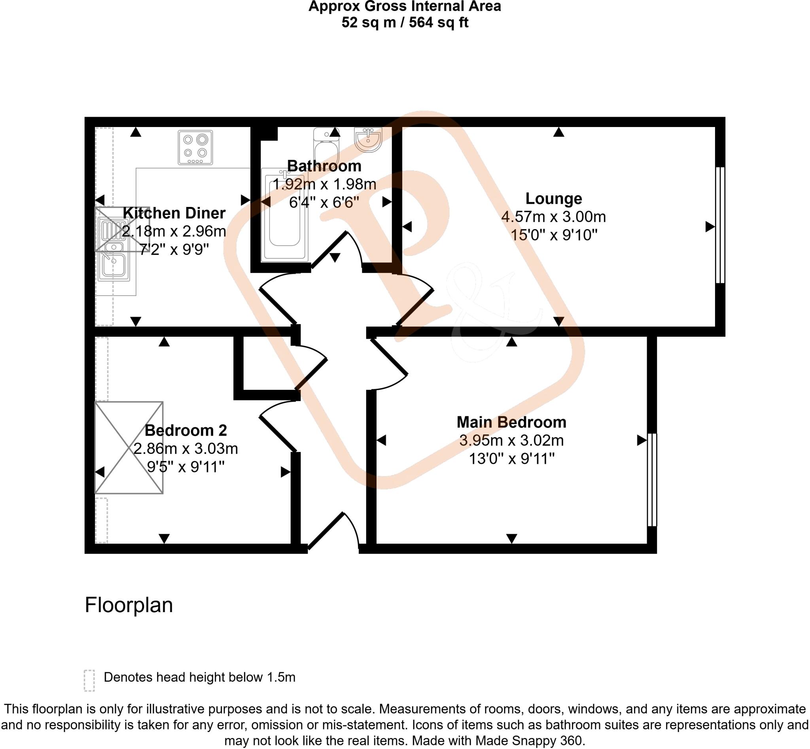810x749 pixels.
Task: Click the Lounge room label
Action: point(553,199)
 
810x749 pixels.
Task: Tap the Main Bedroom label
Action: point(511,422)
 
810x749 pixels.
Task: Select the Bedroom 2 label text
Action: point(185,430)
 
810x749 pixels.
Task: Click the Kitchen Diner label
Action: point(174,213)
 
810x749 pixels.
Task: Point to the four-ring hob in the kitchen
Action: point(195,148)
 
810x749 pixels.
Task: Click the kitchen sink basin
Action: point(114,265)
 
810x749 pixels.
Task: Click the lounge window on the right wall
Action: point(720,225)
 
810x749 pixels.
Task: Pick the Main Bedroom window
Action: point(651,480)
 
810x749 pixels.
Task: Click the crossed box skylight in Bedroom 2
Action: point(129,448)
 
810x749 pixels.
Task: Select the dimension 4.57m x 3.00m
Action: point(553,217)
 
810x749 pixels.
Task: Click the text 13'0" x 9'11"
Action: point(511,459)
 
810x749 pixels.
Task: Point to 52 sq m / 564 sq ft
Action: point(404,22)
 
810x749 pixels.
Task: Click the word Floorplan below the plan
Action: point(129,605)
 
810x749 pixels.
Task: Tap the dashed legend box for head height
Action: point(89,681)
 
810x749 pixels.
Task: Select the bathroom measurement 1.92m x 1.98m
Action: point(324,184)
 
